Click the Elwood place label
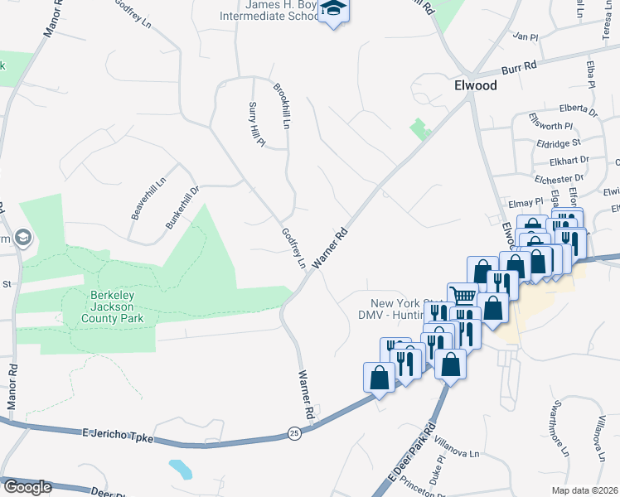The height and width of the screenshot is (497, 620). coord(475,85)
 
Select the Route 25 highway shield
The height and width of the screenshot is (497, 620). coord(294,432)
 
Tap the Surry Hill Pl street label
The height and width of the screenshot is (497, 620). coord(257,125)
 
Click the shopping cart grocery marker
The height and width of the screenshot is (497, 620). coord(462,297)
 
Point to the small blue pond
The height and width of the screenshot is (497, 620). coord(180,469)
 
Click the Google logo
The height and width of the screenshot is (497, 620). coord(27,487)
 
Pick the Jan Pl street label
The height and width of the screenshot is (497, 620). coord(526,36)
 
